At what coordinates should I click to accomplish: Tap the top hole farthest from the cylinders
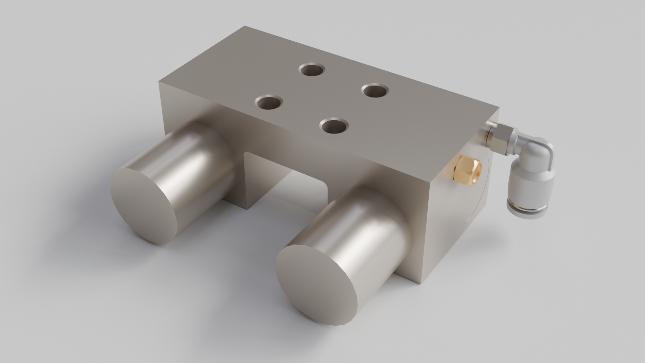312,70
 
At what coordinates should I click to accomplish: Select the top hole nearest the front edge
334,126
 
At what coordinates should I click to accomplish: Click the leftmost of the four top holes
269,102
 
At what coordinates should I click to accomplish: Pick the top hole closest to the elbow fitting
375,90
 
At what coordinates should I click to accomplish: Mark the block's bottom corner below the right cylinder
419,284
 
